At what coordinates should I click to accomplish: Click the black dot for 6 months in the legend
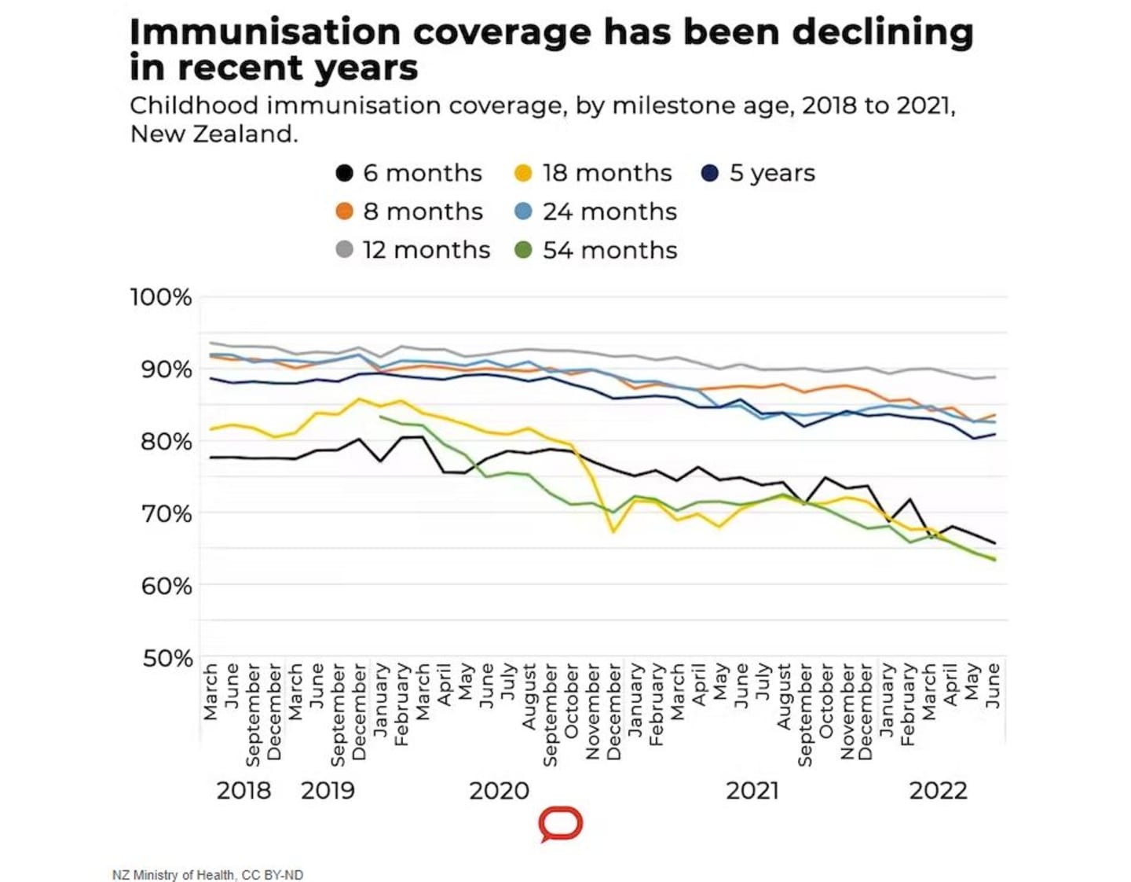pyautogui.click(x=344, y=173)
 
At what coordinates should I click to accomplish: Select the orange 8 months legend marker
pyautogui.click(x=344, y=211)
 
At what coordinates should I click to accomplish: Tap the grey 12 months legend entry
pyautogui.click(x=344, y=250)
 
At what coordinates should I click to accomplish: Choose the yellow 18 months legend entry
pyautogui.click(x=523, y=173)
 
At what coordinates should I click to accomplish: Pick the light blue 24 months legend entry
pyautogui.click(x=523, y=211)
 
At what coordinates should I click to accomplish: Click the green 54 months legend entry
pyautogui.click(x=523, y=250)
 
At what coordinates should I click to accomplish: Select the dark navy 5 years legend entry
pyautogui.click(x=710, y=173)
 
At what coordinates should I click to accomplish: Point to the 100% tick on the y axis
pyautogui.click(x=161, y=297)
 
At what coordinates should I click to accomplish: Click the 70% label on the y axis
pyautogui.click(x=166, y=513)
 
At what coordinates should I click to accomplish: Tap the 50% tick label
pyautogui.click(x=167, y=658)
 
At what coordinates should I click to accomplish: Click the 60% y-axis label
pyautogui.click(x=166, y=586)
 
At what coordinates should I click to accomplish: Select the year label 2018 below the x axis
pyautogui.click(x=243, y=790)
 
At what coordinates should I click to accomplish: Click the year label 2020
pyautogui.click(x=499, y=790)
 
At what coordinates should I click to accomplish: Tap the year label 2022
pyautogui.click(x=938, y=790)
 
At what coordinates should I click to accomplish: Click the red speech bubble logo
pyautogui.click(x=561, y=824)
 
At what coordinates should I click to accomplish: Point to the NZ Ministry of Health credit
pyautogui.click(x=207, y=875)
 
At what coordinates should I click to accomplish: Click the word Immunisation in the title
pyautogui.click(x=265, y=32)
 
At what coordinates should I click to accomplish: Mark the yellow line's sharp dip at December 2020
pyautogui.click(x=613, y=532)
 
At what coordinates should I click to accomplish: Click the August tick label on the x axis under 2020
pyautogui.click(x=529, y=696)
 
